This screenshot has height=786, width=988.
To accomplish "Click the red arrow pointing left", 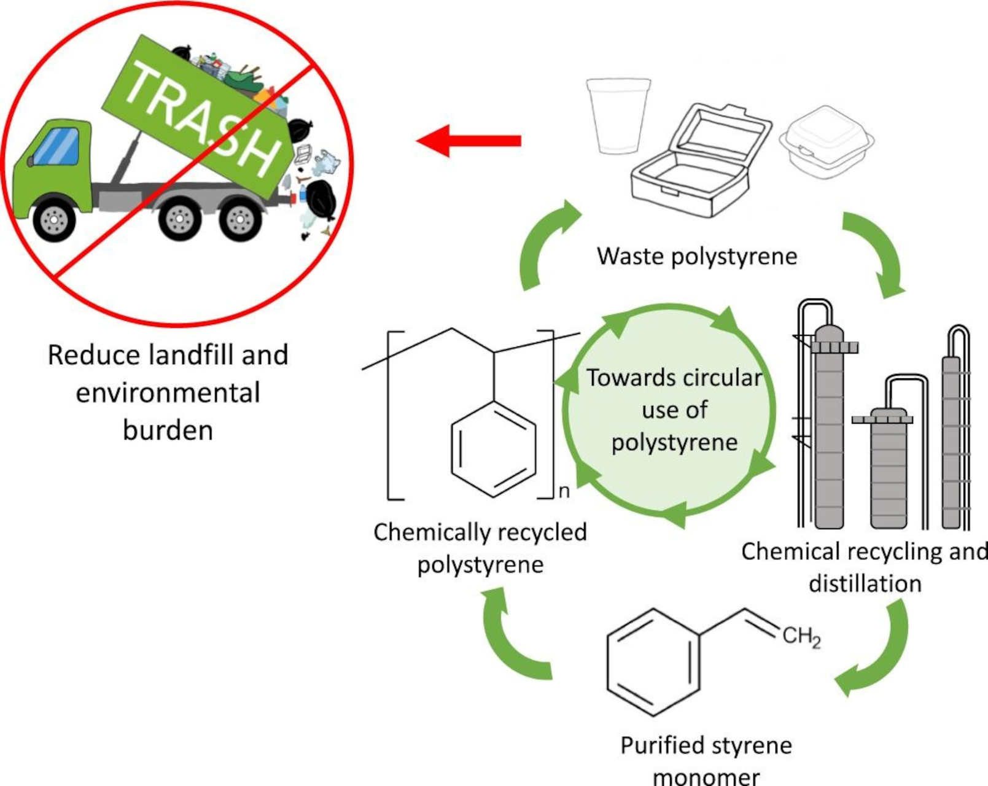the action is pyautogui.click(x=469, y=141).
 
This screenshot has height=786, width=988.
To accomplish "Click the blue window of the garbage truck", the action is pyautogui.click(x=56, y=147).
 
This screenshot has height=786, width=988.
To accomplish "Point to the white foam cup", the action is pyautogui.click(x=618, y=115).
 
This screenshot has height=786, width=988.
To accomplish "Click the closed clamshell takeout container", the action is pyautogui.click(x=827, y=143).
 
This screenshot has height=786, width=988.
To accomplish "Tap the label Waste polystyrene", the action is pyautogui.click(x=697, y=256).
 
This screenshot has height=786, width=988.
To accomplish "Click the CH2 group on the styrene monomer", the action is pyautogui.click(x=801, y=637).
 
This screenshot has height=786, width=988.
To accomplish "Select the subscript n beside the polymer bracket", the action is pyautogui.click(x=564, y=492).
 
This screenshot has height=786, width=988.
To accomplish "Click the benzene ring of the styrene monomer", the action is pyautogui.click(x=653, y=663).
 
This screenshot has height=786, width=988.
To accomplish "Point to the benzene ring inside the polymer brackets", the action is pyautogui.click(x=494, y=448).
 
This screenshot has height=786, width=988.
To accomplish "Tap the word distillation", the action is pyautogui.click(x=865, y=584).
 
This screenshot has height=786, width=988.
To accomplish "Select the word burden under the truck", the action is pyautogui.click(x=168, y=430).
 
